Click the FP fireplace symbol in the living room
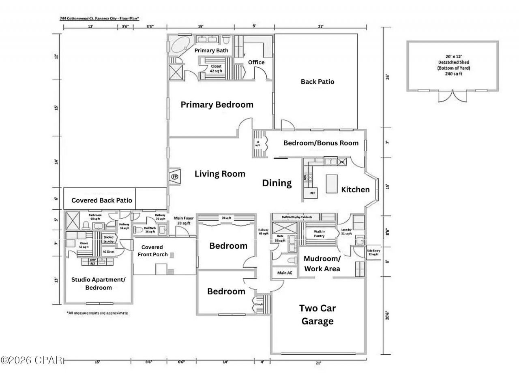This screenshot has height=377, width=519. click(175, 177)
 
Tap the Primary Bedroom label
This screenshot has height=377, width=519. click(217, 104)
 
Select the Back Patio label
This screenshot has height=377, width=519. click(317, 81)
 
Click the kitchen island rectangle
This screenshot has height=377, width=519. click(332, 183)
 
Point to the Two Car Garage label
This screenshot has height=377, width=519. click(317, 315)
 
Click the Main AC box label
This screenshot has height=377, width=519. click(285, 273)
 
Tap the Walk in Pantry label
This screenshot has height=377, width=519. click(319, 234)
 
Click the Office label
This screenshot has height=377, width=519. click(256, 62)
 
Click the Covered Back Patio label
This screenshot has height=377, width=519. click(101, 200)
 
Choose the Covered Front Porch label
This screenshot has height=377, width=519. click(152, 251)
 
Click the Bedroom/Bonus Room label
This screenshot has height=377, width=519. click(321, 143)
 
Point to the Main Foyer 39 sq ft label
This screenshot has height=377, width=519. click(184, 221)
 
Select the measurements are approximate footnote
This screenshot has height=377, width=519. click(97, 313)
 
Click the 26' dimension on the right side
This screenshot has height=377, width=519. click(388, 77)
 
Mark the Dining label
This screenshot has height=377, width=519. click(277, 183)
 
